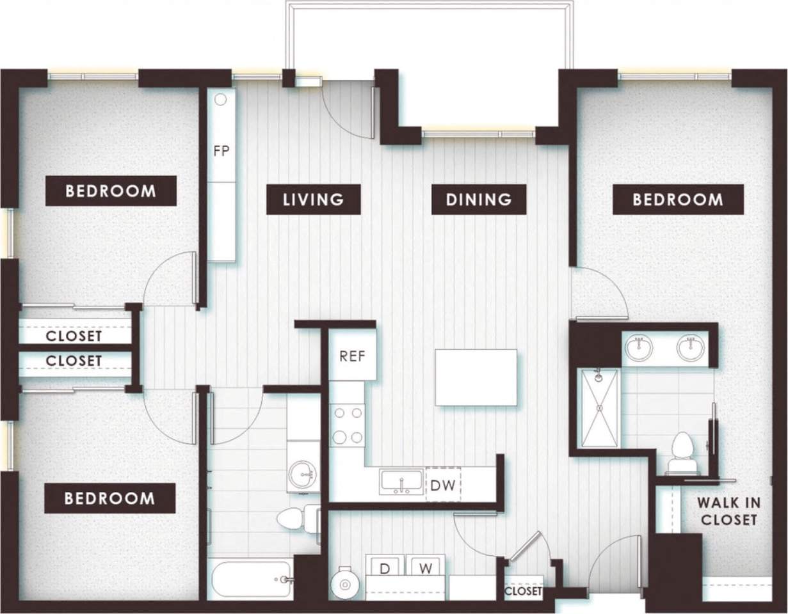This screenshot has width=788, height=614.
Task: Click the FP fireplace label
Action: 221,152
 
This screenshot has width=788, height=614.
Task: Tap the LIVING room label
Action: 314,199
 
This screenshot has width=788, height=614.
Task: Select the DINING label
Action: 479,199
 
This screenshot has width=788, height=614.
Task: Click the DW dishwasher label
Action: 442,485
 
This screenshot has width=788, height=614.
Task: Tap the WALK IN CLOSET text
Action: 728,511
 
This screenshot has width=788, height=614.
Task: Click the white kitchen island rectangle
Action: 476,377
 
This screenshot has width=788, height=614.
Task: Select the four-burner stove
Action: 347,425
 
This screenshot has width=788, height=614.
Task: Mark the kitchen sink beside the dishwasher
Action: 401,482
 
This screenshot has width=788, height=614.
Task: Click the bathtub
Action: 250,579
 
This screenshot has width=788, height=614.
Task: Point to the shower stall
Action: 600,407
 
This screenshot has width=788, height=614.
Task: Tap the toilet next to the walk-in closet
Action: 681,451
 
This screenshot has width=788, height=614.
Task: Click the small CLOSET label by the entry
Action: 524,592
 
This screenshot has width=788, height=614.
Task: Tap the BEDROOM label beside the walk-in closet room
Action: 678,199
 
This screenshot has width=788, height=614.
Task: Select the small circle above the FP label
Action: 221,99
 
